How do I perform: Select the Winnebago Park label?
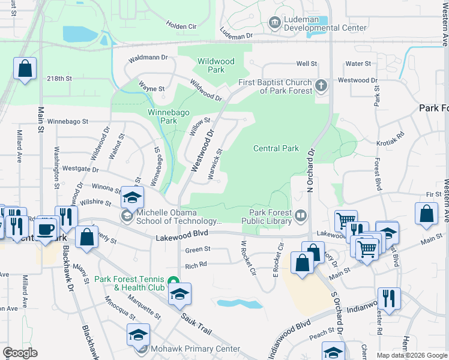(x=163, y=116)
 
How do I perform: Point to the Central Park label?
(x=276, y=148)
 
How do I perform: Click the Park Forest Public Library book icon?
(x=301, y=214)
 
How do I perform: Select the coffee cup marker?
(x=46, y=228)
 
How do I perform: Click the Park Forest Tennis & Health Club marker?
(x=173, y=281)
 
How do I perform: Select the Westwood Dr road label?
(x=203, y=152)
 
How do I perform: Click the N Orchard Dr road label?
(x=311, y=170)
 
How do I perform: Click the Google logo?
(x=20, y=353)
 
